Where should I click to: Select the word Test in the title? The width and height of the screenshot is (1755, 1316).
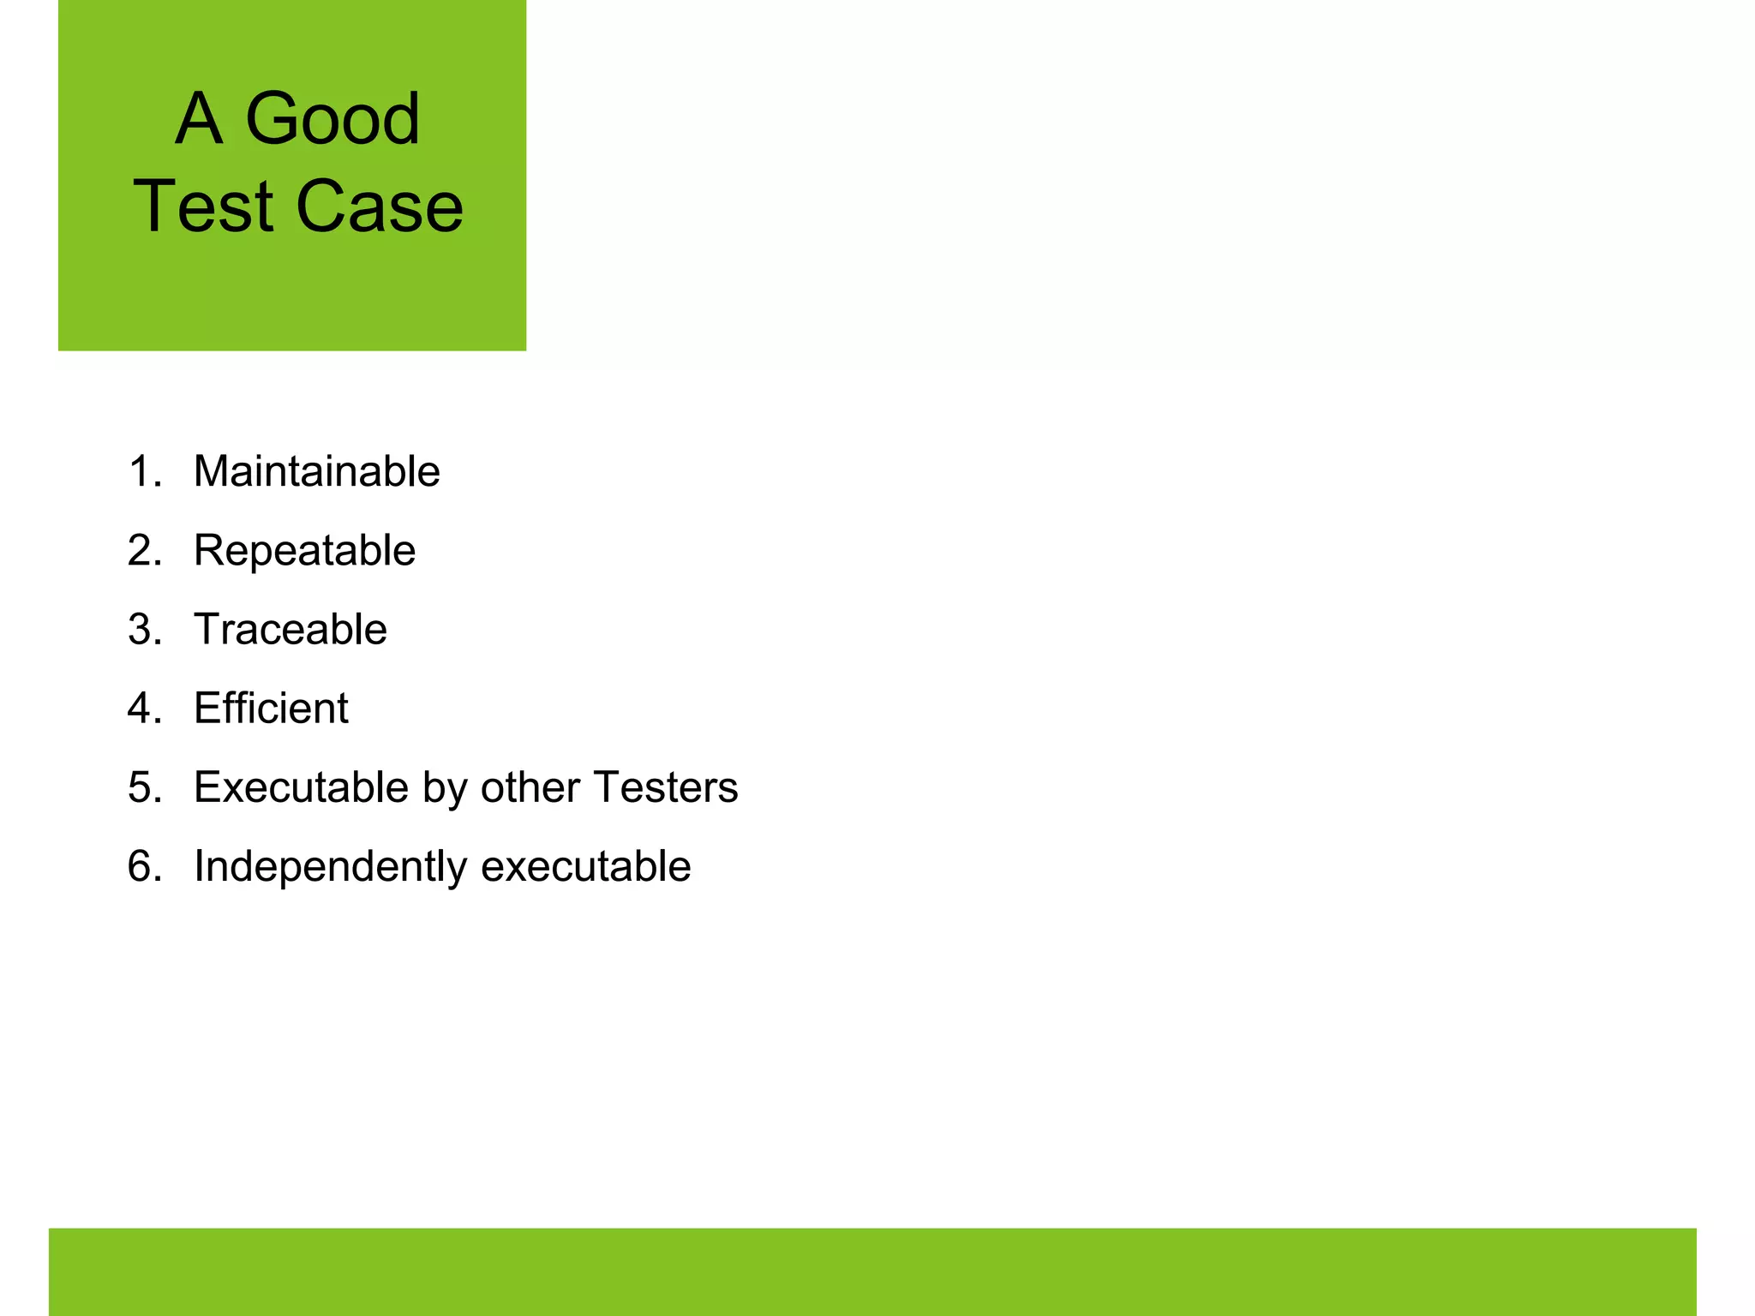tap(202, 206)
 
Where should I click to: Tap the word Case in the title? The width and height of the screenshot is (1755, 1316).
tap(380, 206)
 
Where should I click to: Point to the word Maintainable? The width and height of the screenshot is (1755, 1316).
tap(316, 471)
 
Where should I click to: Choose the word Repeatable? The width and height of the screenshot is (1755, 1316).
tap(304, 550)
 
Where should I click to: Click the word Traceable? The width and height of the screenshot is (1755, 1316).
tap(290, 629)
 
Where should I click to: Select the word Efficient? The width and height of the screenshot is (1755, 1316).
tap(271, 708)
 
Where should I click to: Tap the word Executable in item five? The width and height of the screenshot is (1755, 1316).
tap(302, 787)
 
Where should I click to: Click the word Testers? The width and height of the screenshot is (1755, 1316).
tap(665, 787)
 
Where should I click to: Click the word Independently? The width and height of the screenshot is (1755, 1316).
tap(330, 866)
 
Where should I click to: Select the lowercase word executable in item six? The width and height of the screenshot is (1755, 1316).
tap(586, 866)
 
